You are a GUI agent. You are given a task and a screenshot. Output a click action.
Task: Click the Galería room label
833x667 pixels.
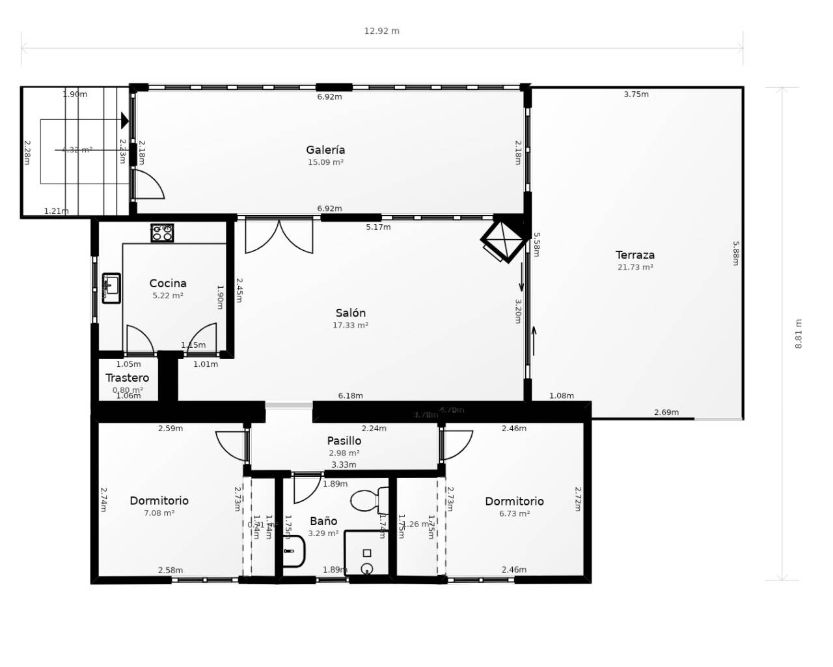pos(325,150)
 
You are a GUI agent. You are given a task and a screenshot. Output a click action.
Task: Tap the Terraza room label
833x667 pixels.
pos(635,255)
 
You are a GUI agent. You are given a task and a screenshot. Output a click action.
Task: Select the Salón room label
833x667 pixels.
pos(350,313)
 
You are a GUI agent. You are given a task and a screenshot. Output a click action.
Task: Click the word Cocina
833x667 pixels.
pos(168,283)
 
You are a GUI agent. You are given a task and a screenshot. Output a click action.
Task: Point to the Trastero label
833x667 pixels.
pos(127,378)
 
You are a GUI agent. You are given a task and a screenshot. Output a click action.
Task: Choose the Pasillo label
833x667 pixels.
pos(344,441)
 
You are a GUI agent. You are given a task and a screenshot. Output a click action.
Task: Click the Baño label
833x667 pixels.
pos(323,521)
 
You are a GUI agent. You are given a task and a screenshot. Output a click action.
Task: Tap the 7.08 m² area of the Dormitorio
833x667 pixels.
pos(159,513)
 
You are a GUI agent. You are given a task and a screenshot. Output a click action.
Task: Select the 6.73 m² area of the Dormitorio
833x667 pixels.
pos(514,514)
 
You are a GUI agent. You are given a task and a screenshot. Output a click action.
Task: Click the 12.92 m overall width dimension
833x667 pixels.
pos(381,31)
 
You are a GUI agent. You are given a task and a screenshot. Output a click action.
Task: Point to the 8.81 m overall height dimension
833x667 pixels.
pos(799,333)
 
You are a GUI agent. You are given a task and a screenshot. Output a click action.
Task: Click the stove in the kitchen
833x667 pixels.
pos(162,233)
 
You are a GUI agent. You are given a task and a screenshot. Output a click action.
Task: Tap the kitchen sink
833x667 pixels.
pos(111,288)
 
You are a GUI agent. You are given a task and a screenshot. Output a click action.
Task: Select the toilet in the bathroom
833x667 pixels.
pos(368,500)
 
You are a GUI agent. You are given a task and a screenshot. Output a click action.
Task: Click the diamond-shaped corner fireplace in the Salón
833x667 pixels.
pos(505,240)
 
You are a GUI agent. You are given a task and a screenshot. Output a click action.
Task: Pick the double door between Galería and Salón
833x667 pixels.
pos(279,236)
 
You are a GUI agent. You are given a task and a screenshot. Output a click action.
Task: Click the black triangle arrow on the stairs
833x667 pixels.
pos(125,121)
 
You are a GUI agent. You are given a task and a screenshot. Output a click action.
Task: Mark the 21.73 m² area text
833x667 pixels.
pos(635,267)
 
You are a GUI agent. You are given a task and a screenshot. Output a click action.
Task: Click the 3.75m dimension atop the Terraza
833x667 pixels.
pos(636,94)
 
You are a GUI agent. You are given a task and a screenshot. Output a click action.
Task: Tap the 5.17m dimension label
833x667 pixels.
pos(378,227)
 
